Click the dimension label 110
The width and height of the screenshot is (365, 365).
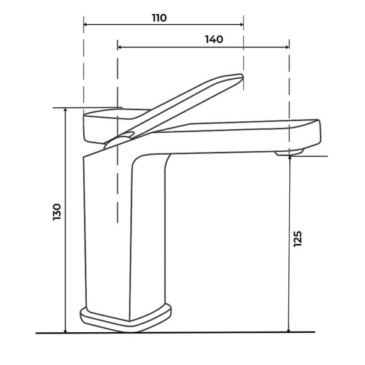click(x=159, y=18)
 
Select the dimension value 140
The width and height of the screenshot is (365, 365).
click(x=214, y=39)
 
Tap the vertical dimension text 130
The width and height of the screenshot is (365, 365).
click(x=56, y=212)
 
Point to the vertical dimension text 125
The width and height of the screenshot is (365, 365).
click(x=297, y=239)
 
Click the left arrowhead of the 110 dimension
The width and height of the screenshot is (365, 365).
click(x=85, y=24)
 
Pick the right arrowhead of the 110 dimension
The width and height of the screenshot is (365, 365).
click(x=242, y=24)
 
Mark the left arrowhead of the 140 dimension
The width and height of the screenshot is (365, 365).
click(x=119, y=47)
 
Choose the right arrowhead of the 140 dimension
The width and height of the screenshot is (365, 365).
click(x=287, y=47)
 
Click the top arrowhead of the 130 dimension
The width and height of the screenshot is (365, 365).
click(x=65, y=110)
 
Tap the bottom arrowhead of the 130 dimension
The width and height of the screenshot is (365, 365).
click(x=65, y=331)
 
